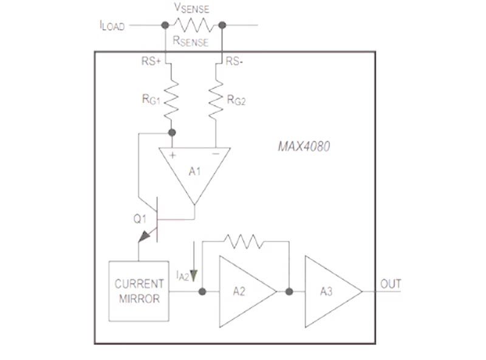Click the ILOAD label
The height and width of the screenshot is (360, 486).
tap(112, 26)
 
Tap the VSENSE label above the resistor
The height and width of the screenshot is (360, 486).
tap(192, 8)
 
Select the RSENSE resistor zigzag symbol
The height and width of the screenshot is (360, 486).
tap(194, 25)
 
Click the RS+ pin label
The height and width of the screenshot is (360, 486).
tap(151, 61)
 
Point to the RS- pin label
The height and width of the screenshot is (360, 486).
tap(234, 61)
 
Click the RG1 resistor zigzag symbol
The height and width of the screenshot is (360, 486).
tap(171, 100)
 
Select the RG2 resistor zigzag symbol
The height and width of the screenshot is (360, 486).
tap(216, 100)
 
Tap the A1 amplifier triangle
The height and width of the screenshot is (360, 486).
tap(194, 176)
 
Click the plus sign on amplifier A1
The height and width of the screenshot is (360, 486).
tap(173, 155)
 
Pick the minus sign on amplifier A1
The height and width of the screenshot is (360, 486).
tap(216, 154)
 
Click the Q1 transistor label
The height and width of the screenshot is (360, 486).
tap(140, 219)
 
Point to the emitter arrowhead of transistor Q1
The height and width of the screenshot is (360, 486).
tap(144, 237)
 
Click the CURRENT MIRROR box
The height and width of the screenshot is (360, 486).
tap(139, 291)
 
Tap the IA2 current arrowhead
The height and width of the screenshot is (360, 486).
tap(194, 275)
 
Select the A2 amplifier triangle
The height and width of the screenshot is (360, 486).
tap(248, 291)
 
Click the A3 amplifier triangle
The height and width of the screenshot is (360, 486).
tap(334, 291)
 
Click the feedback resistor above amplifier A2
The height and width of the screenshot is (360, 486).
tap(244, 241)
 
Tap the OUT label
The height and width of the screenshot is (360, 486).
tap(391, 283)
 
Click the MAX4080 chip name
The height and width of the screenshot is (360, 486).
tap(304, 147)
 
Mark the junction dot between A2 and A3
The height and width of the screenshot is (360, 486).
tap(289, 291)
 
